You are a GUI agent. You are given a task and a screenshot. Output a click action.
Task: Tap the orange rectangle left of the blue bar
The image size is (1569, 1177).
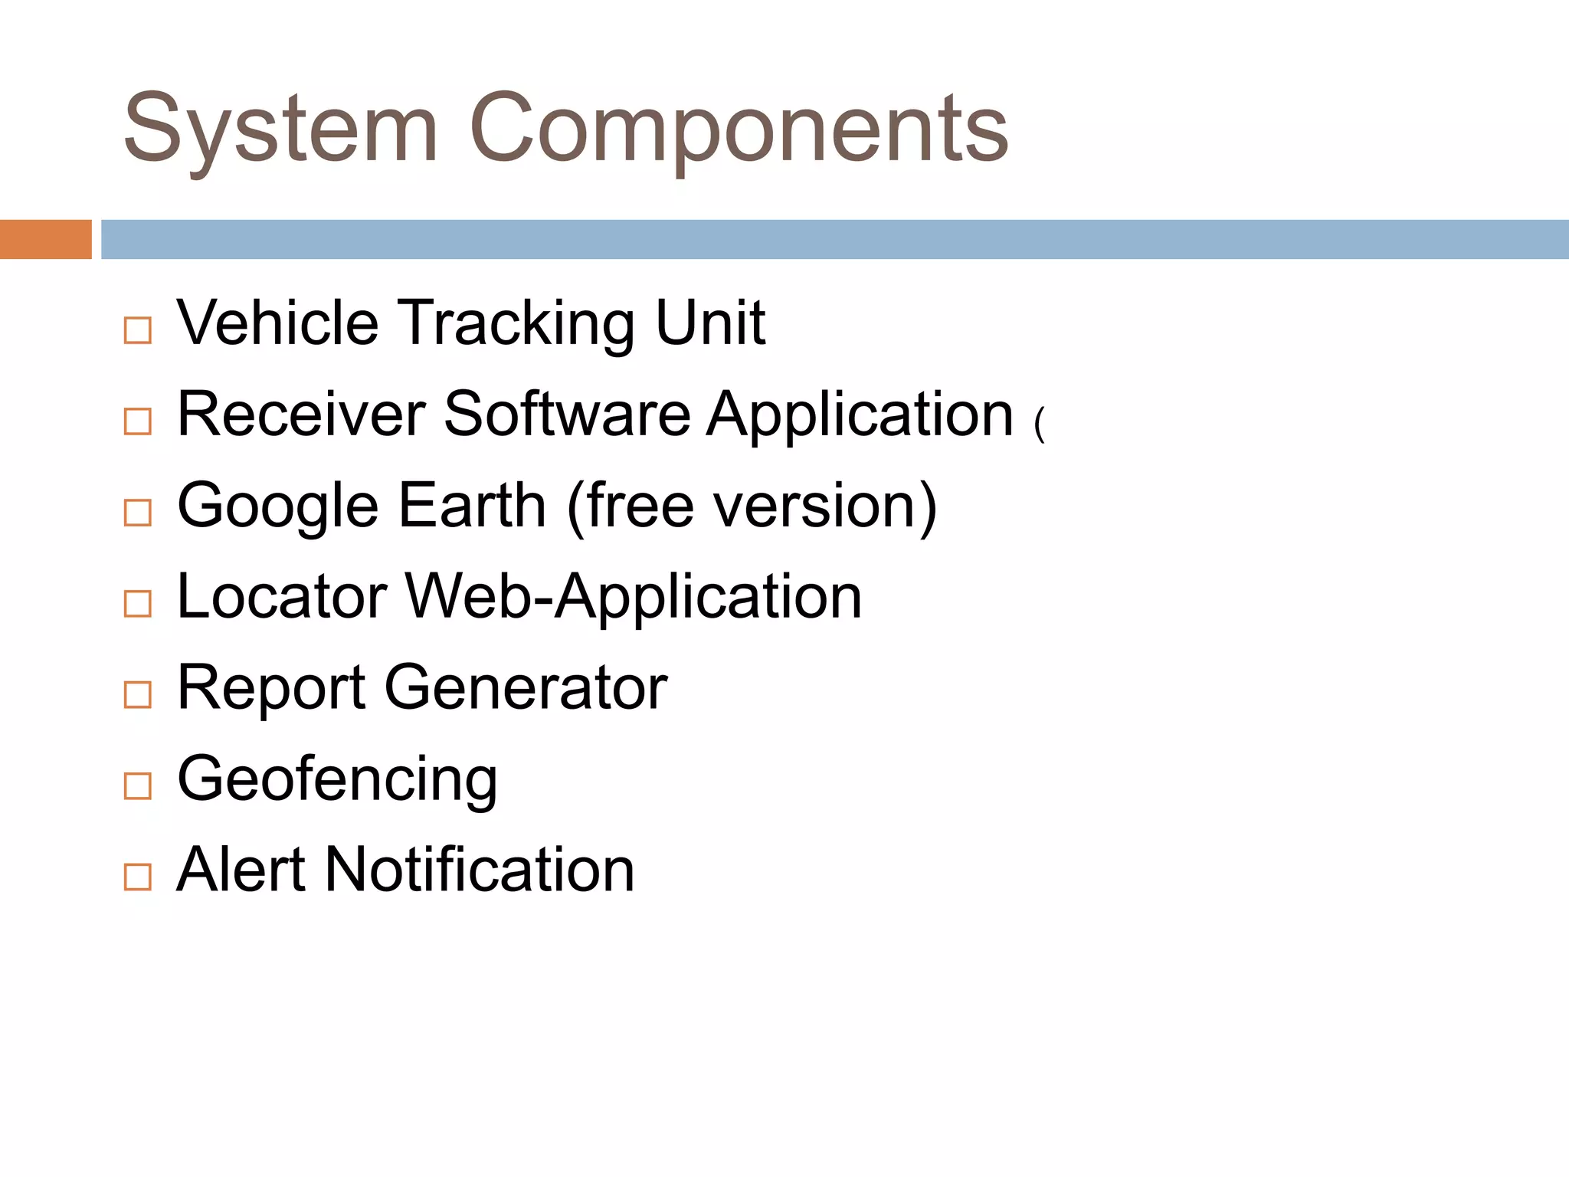[x=45, y=239]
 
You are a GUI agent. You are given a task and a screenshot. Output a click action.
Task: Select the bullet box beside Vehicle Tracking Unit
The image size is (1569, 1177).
[x=138, y=330]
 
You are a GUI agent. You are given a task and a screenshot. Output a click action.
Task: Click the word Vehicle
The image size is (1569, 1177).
[x=277, y=323]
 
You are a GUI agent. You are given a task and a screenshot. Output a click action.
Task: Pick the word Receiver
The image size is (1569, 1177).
[x=301, y=414]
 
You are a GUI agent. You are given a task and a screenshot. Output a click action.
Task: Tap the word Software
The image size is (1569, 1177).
[x=567, y=414]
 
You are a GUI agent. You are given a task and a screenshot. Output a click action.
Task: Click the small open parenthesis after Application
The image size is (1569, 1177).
[x=1039, y=424]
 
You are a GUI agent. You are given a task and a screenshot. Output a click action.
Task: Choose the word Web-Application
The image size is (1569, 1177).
[x=634, y=598]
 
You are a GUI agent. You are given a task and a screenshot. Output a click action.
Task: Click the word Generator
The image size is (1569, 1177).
[x=526, y=687]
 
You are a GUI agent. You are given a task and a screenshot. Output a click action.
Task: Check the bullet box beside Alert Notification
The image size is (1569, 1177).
[x=138, y=876]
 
